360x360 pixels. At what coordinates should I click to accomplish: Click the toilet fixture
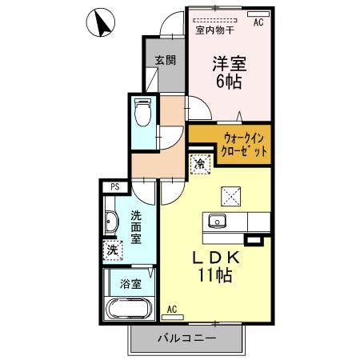pyautogui.click(x=143, y=114)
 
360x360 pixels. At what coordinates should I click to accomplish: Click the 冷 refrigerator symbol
pyautogui.click(x=198, y=163)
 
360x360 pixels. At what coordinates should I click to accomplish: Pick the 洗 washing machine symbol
pyautogui.click(x=111, y=250)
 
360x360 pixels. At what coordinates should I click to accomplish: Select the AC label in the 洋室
pyautogui.click(x=258, y=24)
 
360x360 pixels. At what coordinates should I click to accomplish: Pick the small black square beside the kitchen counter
pyautogui.click(x=254, y=238)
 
